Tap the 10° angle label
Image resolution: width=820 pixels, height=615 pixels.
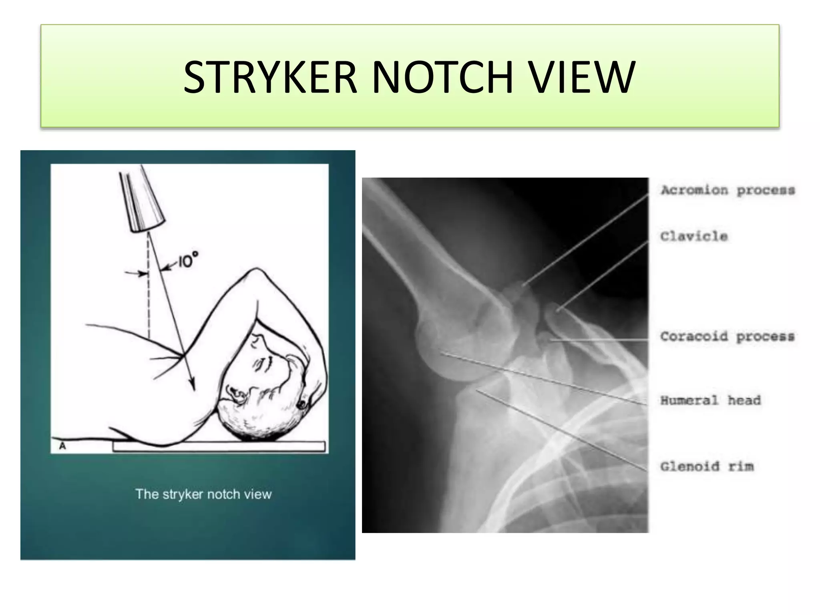click(187, 261)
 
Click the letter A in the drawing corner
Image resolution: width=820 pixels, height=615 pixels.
click(62, 446)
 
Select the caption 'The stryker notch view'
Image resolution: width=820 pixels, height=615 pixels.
click(203, 494)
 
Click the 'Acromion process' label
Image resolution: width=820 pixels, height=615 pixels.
click(728, 190)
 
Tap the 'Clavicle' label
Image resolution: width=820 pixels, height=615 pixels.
click(694, 236)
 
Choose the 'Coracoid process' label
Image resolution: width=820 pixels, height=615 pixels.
click(727, 336)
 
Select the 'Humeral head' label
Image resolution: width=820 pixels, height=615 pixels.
click(710, 400)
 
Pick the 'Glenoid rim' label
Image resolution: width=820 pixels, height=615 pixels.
click(707, 466)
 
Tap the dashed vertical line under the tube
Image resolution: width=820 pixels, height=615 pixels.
click(149, 296)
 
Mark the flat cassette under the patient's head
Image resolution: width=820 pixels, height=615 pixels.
click(218, 446)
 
